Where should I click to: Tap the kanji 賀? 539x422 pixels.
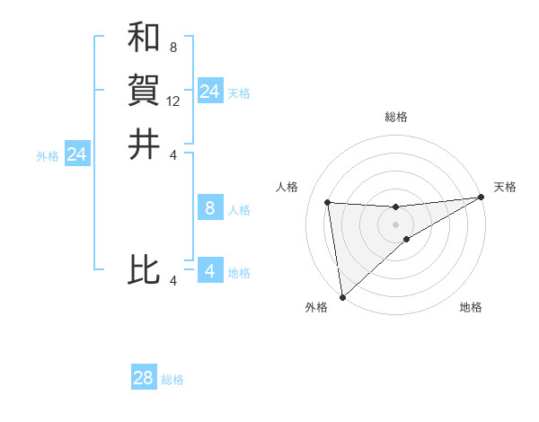[x=144, y=90]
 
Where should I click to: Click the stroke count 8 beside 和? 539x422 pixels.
[x=172, y=47]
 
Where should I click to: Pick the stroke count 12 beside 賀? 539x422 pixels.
[x=173, y=101]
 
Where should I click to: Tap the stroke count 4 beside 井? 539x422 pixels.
[x=173, y=154]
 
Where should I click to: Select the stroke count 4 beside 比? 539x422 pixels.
[x=173, y=281]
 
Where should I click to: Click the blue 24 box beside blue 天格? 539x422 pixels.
[x=209, y=92]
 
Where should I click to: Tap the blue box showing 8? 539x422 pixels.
[x=209, y=209]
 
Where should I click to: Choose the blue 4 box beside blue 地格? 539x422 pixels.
[x=209, y=270]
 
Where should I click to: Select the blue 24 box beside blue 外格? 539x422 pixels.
[x=77, y=154]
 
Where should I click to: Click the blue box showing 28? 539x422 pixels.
[x=144, y=378]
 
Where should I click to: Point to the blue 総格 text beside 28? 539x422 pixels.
[x=172, y=380]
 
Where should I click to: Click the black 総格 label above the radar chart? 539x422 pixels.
[x=396, y=117]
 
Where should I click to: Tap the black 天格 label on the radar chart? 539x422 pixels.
[x=505, y=187]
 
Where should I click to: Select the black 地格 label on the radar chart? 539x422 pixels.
[x=471, y=308]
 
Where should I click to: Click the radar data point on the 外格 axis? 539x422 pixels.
[x=342, y=297]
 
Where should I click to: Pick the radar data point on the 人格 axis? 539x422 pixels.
[x=328, y=202]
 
